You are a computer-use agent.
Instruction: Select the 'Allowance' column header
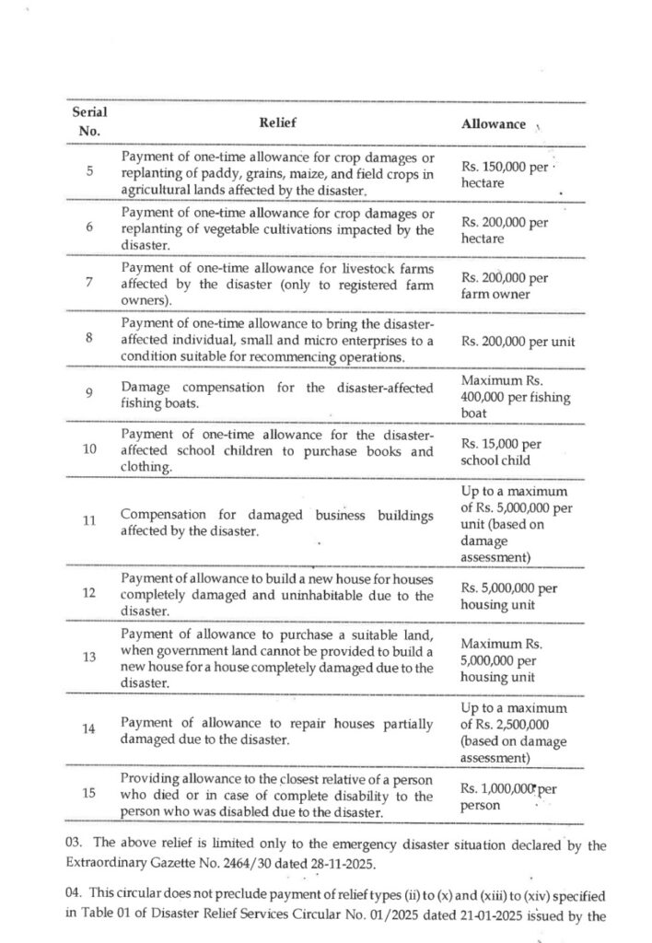493,124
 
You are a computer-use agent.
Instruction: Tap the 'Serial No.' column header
89,121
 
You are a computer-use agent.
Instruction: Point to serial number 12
89,592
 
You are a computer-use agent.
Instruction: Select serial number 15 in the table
89,795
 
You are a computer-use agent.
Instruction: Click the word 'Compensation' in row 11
163,516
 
